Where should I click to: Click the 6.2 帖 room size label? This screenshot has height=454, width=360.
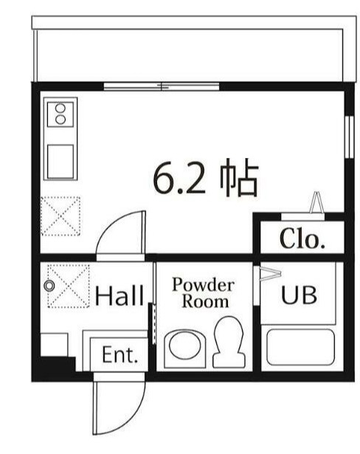point(204,178)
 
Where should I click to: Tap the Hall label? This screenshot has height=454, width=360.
point(119,297)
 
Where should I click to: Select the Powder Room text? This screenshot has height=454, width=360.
point(203,293)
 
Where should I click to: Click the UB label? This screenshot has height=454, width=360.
point(298,295)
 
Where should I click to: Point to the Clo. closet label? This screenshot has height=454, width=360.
point(302,239)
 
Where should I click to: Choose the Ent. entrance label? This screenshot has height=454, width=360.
point(120,356)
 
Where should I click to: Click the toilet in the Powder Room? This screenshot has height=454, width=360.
point(227,341)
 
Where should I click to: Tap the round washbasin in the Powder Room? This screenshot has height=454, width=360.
point(183,347)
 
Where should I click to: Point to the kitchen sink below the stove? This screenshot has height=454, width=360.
point(60,159)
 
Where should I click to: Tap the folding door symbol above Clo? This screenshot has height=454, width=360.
point(316,202)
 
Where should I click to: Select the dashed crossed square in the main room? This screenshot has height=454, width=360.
point(60,216)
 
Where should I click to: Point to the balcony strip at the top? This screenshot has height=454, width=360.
point(189,51)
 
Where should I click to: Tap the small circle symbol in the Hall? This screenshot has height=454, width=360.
point(49,286)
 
